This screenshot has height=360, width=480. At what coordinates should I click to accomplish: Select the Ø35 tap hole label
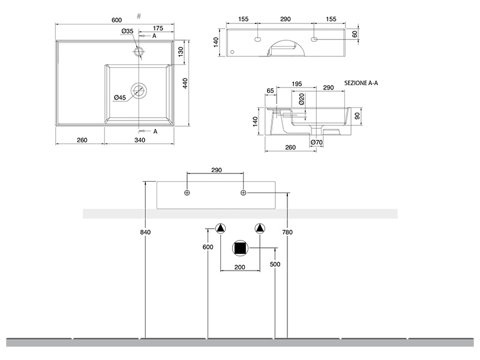[127, 31]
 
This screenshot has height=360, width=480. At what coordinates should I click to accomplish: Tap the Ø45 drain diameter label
[119, 98]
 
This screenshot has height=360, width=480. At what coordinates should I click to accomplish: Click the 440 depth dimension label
[185, 84]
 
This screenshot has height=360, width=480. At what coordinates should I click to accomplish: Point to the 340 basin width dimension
[140, 140]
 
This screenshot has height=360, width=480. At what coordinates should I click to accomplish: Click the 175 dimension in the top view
[158, 28]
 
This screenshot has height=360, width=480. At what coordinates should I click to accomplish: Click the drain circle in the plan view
[139, 91]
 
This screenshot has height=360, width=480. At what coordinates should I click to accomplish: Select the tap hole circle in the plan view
[139, 52]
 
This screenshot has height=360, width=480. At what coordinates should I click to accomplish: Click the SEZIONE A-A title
[361, 84]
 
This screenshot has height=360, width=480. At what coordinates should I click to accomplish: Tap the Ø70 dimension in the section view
[317, 142]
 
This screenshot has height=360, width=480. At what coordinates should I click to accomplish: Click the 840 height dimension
[144, 232]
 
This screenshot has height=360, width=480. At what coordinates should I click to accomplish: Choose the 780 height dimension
[288, 232]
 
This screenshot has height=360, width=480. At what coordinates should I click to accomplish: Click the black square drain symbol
[241, 248]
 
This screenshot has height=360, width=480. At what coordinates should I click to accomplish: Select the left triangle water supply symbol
[221, 229]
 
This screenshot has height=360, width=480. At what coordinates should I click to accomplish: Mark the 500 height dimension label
[275, 265]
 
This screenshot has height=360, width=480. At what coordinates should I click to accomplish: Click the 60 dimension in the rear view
[355, 34]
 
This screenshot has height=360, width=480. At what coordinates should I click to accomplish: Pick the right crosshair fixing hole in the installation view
[244, 192]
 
